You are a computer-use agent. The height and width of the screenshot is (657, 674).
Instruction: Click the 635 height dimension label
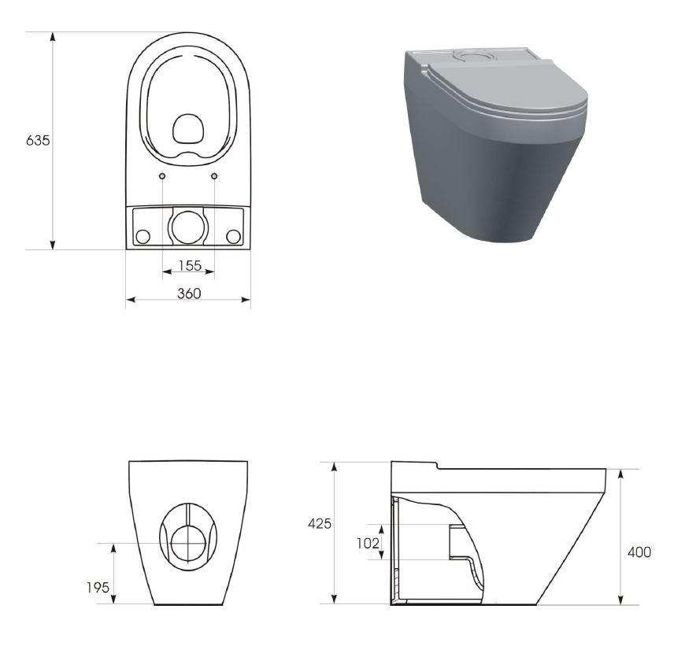click(38, 141)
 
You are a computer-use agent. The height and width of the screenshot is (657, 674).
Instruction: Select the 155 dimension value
click(189, 265)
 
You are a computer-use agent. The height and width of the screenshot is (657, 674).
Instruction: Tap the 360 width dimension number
click(189, 293)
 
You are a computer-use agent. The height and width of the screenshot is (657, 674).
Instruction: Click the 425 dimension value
click(319, 523)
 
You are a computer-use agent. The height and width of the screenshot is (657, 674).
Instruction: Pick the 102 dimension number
click(367, 543)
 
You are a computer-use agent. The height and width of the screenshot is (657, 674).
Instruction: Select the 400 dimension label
click(639, 552)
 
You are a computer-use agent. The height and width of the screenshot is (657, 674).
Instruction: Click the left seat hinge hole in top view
click(161, 176)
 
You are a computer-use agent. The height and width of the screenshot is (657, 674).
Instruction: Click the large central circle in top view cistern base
click(188, 227)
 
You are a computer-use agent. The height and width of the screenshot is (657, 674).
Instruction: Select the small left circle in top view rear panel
click(143, 237)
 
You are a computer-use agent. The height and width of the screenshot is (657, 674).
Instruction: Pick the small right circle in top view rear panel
click(233, 237)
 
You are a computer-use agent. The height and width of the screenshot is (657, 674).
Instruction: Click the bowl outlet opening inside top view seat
click(188, 128)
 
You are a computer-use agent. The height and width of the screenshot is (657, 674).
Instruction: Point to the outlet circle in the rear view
click(188, 543)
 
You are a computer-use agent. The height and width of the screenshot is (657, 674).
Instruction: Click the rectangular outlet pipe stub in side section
click(457, 541)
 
